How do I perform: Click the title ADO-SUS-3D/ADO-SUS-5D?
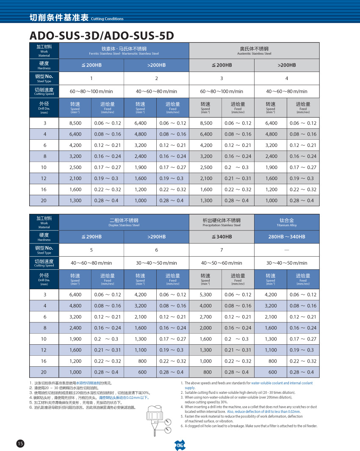102,36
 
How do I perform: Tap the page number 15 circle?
20,443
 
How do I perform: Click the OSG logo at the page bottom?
180,445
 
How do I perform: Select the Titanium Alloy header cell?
287,222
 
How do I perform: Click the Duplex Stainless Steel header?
124,222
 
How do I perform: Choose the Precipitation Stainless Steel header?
222,222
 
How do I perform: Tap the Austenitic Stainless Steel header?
254,50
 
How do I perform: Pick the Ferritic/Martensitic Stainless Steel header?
124,50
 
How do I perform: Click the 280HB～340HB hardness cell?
287,237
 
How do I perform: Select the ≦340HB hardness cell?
222,237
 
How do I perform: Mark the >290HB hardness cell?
156,237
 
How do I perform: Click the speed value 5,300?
205,295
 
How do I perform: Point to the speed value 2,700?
205,317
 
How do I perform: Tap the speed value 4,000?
205,306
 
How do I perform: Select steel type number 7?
222,249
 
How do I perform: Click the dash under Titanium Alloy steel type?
287,249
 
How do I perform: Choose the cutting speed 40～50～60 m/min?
222,263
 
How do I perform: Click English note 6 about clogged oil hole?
251,426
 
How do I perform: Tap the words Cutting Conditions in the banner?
107,19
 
